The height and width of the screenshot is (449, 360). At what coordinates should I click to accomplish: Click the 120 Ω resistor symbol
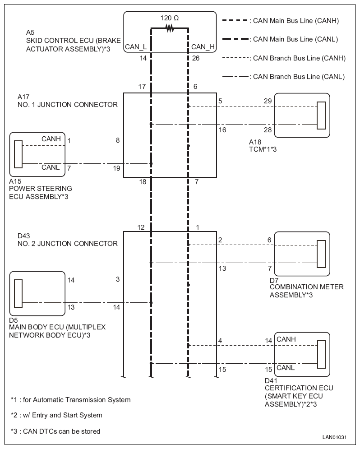point(170,28)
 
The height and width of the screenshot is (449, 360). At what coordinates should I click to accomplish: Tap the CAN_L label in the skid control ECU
point(136,46)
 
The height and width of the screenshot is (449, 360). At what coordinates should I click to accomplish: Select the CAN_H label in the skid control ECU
point(203,46)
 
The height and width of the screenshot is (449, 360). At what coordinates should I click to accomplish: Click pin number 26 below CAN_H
point(196,58)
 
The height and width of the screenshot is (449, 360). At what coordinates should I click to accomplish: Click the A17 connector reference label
point(23,97)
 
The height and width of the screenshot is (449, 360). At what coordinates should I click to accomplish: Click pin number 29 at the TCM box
point(268,101)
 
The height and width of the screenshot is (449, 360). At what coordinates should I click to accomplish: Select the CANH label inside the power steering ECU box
point(51,139)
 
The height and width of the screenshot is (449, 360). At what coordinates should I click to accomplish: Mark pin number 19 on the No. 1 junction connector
point(116,168)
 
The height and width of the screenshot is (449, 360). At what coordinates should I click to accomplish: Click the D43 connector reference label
point(24,236)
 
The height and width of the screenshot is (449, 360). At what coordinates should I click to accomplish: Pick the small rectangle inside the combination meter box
point(321,254)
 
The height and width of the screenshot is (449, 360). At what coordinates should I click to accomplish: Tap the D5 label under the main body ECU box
point(14,320)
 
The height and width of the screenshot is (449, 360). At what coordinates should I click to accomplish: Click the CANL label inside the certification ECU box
point(286,367)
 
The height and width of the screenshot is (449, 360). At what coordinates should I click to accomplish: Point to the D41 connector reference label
point(271,380)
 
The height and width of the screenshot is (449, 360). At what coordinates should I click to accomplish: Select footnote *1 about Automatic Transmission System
point(71,400)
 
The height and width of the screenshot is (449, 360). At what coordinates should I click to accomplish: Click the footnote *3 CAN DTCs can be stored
point(55,431)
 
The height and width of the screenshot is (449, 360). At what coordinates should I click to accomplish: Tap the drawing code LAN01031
point(335,437)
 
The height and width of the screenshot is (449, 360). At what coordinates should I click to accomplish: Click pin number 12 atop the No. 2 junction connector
point(141,227)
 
